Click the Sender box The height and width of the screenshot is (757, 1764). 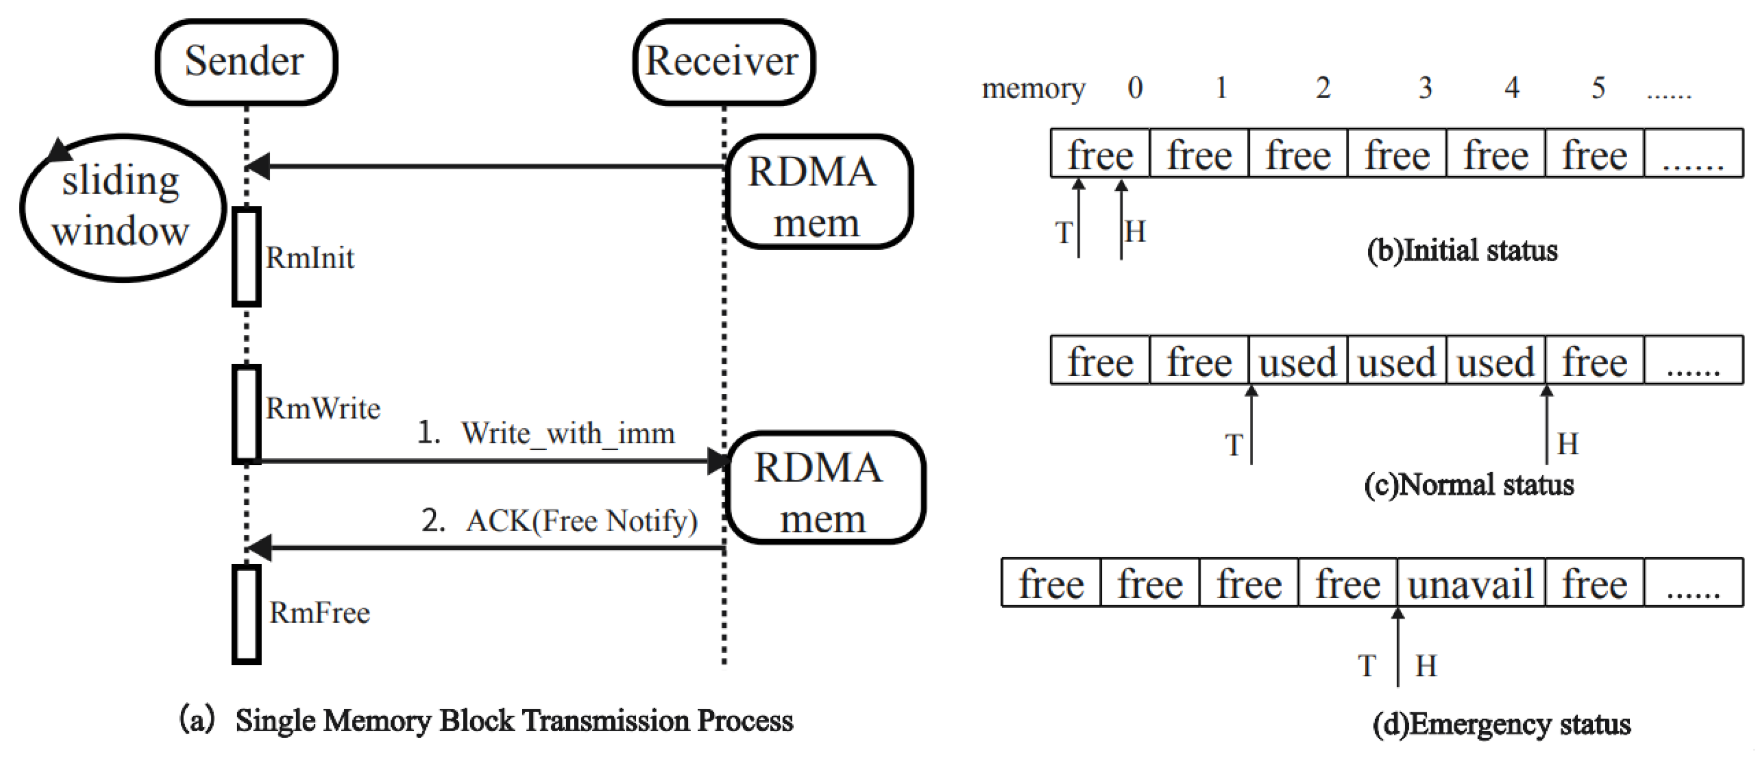tap(246, 62)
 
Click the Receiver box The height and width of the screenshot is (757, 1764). tap(723, 62)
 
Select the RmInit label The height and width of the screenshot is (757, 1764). tap(310, 258)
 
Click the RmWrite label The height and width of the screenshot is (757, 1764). tap(323, 409)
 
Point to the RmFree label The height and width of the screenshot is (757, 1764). tap(319, 613)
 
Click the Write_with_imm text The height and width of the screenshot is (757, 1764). tap(567, 433)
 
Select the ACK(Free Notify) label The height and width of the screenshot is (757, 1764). tap(581, 521)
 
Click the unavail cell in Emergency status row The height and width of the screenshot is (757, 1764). tap(1470, 584)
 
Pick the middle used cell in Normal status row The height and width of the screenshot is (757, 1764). tap(1396, 362)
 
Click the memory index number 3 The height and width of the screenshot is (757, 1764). tap(1425, 87)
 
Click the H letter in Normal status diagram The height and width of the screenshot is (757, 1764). tap(1568, 444)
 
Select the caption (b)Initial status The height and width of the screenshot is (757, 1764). tap(1461, 251)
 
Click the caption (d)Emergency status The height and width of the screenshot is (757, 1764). tap(1501, 723)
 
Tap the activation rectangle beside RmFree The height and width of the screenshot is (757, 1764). tap(246, 614)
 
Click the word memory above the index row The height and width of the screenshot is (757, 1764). tap(1033, 89)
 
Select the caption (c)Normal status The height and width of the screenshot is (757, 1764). tap(1468, 484)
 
